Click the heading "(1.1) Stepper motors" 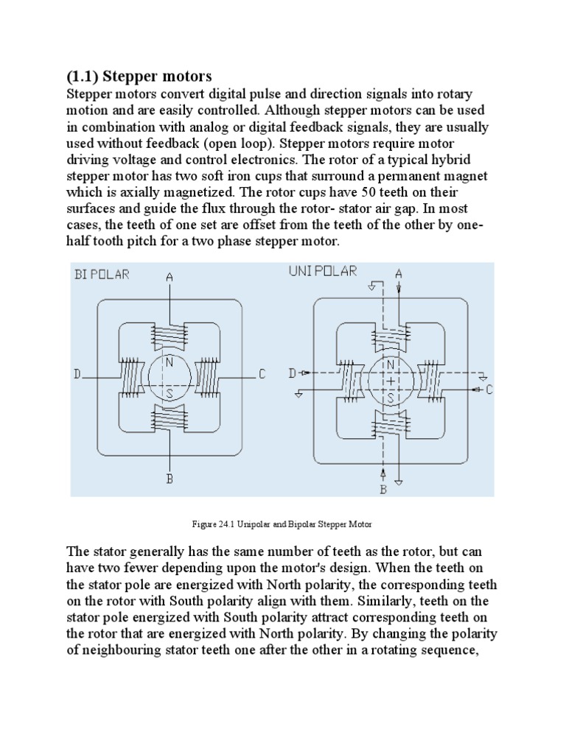click(139, 76)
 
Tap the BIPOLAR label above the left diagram click(102, 275)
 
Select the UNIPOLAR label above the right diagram click(322, 272)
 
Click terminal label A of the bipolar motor click(170, 278)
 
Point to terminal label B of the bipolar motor click(170, 479)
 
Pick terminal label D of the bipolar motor click(77, 375)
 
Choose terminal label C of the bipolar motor click(262, 375)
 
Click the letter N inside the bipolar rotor click(169, 362)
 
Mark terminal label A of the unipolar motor click(399, 273)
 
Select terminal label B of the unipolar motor click(383, 489)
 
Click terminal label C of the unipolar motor click(487, 390)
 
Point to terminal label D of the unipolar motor click(293, 374)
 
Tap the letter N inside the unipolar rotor click(391, 366)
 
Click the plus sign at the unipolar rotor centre click(391, 381)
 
